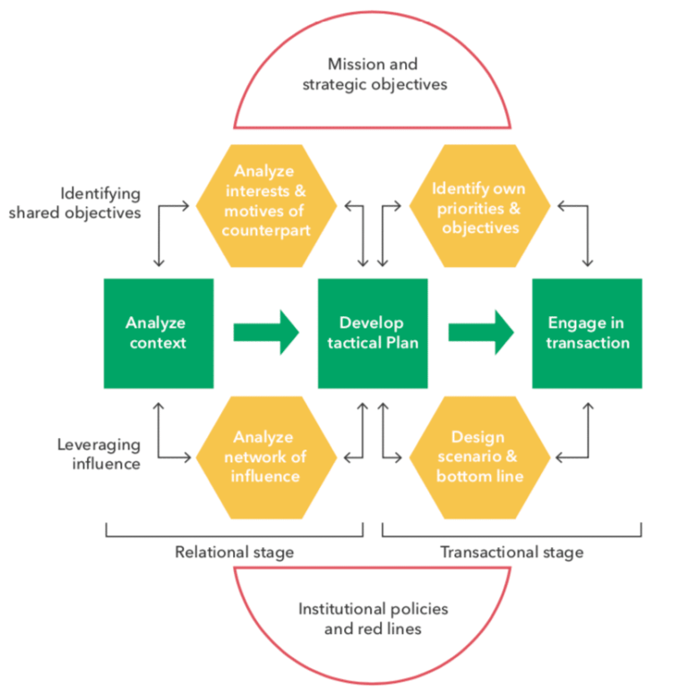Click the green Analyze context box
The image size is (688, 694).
point(158,333)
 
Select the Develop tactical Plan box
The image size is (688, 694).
point(372,333)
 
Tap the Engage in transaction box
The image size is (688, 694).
point(587,333)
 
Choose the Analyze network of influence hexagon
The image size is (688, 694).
point(264,457)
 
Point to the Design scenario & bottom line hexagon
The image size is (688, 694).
point(478,457)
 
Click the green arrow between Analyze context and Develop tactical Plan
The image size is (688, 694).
point(266,333)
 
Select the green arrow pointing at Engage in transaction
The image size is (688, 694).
point(480,333)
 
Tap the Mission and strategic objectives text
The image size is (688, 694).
point(373,74)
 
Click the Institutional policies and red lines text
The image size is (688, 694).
point(373,619)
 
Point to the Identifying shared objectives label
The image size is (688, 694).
point(101,202)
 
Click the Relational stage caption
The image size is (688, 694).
point(234,552)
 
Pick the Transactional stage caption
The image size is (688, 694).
point(512,552)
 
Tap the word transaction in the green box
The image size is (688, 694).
point(587,343)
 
